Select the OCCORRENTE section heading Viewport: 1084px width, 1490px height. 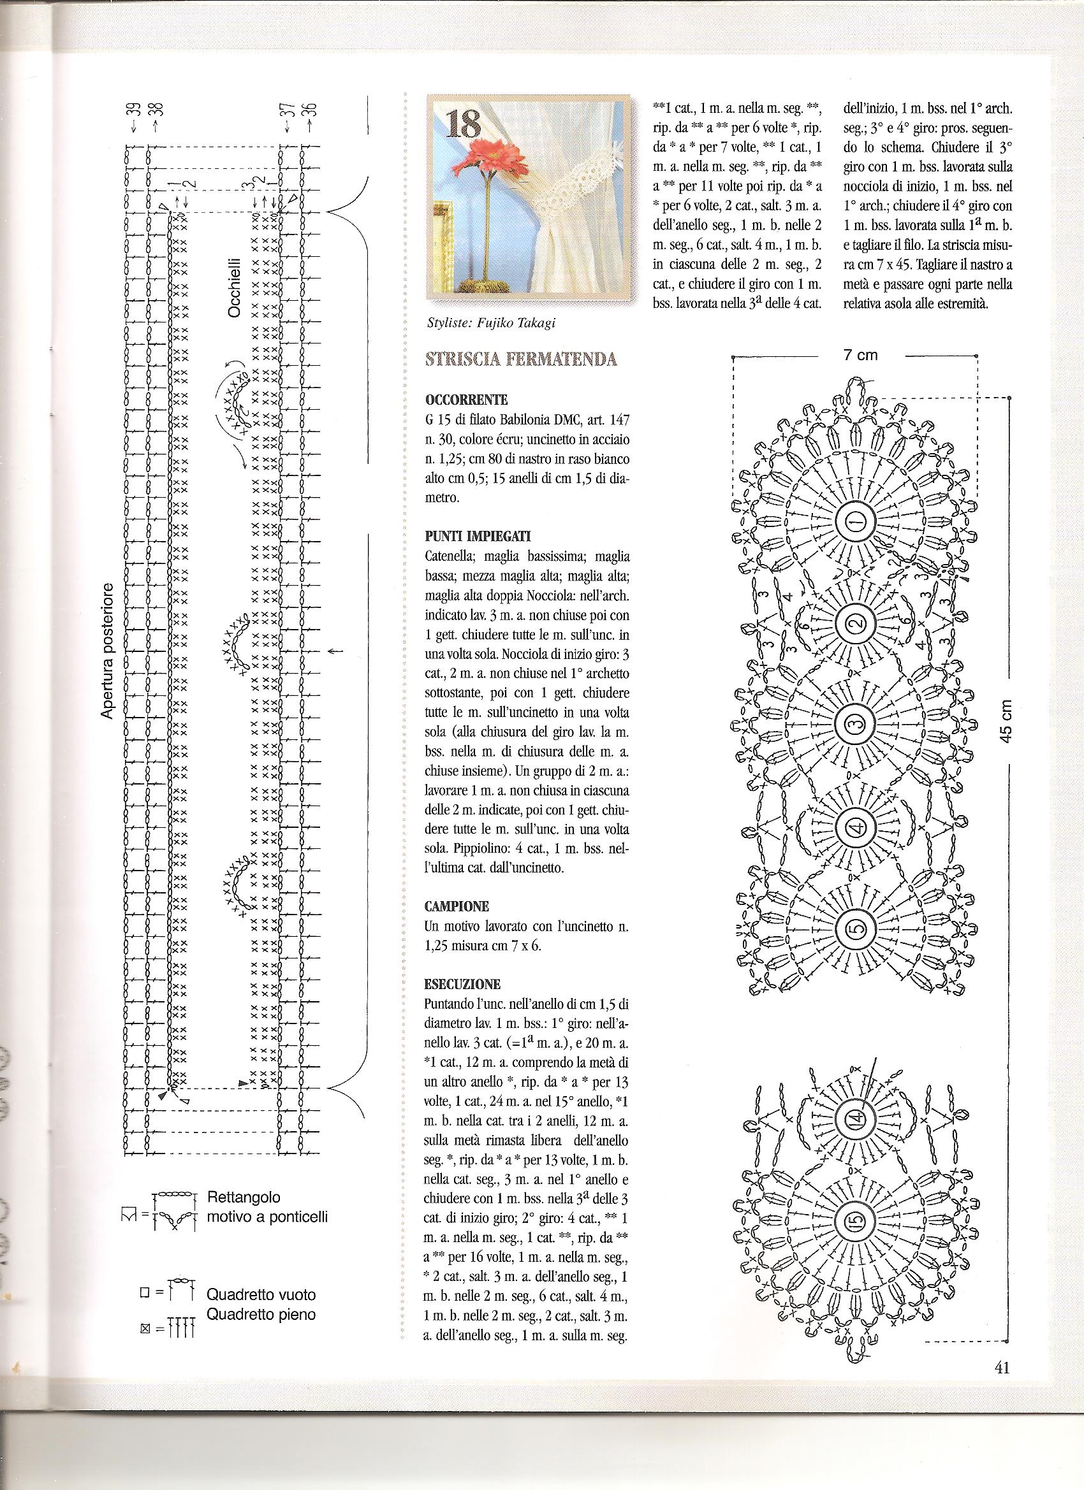coord(466,400)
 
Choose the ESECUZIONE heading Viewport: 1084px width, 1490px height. coord(463,984)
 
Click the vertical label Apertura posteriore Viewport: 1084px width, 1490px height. coord(108,651)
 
